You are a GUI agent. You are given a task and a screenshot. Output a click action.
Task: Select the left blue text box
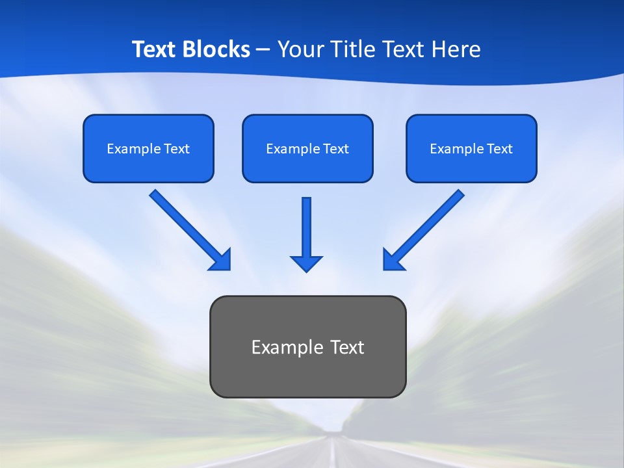(x=148, y=149)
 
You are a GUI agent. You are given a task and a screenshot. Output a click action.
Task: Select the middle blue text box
(x=307, y=149)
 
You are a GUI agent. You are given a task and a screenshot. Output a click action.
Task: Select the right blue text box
(x=471, y=149)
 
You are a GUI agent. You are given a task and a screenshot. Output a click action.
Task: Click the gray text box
(x=308, y=346)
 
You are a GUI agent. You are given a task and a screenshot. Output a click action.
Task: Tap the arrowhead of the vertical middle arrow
(x=306, y=263)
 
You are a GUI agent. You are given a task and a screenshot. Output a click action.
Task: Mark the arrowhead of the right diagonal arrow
(x=392, y=259)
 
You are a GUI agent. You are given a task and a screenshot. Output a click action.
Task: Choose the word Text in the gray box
(x=347, y=347)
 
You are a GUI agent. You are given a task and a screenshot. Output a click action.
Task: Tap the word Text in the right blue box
(x=500, y=149)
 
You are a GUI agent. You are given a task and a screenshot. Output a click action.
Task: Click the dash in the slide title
(x=263, y=49)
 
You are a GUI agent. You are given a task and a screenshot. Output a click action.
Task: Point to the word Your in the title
(x=300, y=49)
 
